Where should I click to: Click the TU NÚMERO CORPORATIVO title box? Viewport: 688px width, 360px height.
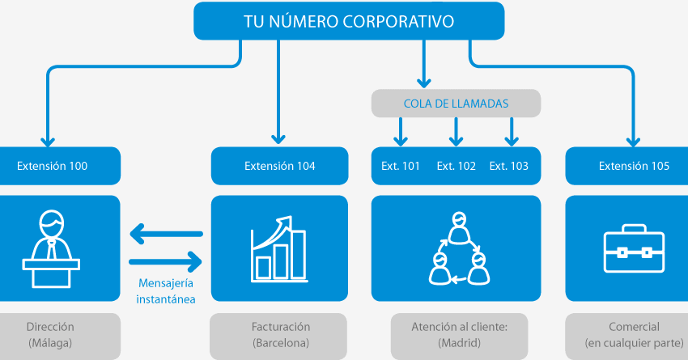349,21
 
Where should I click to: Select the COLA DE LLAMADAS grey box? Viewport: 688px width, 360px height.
456,104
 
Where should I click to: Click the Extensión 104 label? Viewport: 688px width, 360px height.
279,166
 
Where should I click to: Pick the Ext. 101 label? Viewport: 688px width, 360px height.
401,166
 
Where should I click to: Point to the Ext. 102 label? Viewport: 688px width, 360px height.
456,166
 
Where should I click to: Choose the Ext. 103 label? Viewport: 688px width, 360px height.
509,166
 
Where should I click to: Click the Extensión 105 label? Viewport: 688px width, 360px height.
634,166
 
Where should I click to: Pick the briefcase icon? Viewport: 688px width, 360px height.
634,249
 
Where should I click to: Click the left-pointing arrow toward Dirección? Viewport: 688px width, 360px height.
165,235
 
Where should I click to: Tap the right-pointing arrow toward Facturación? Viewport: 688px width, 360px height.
165,261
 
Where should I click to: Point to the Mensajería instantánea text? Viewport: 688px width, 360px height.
166,292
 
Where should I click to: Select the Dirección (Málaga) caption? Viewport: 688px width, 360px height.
50,335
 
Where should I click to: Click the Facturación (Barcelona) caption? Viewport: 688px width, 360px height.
280,335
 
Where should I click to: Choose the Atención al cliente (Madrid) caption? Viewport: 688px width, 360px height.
456,335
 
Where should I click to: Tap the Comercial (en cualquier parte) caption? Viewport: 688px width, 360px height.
634,335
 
